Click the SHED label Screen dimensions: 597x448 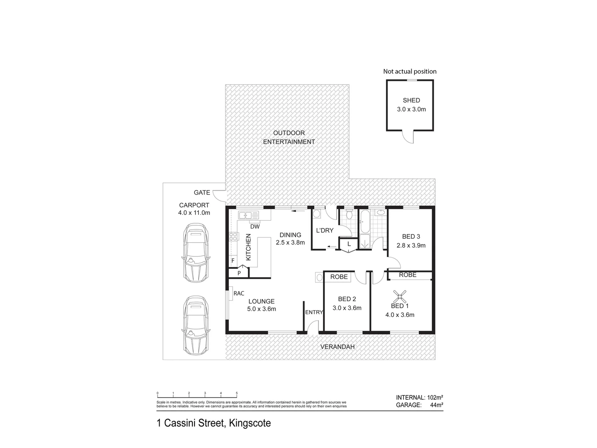(x=411, y=100)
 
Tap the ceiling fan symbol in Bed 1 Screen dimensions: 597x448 (x=400, y=296)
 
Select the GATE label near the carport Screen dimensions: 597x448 (x=202, y=192)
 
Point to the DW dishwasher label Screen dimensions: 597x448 (x=255, y=226)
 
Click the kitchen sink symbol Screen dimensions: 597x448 (x=248, y=215)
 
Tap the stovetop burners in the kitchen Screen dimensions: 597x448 (x=233, y=237)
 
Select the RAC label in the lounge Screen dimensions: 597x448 (x=239, y=293)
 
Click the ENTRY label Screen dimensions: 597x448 (x=314, y=312)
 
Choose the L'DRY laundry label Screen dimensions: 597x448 (x=325, y=230)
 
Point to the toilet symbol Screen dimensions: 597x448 (x=349, y=214)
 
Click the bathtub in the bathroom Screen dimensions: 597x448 (x=365, y=222)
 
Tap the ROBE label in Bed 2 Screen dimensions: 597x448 (x=339, y=277)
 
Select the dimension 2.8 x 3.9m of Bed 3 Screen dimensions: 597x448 (x=411, y=245)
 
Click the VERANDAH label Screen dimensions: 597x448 (x=338, y=347)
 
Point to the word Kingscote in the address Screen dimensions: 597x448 (x=248, y=424)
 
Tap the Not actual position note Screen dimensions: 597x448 (x=410, y=71)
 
